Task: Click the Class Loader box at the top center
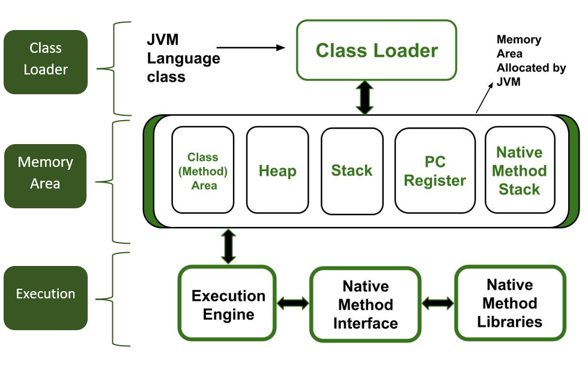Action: point(377,50)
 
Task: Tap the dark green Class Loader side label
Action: point(46,59)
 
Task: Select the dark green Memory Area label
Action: point(46,173)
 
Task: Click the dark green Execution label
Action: point(46,294)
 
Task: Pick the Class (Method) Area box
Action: point(203,170)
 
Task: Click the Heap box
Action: point(277,170)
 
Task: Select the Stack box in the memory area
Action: point(352,170)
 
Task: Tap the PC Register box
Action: point(434,170)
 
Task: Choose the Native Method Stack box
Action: point(520,170)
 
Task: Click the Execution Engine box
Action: point(228,305)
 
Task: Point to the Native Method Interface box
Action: point(365,305)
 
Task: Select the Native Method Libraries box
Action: point(510,303)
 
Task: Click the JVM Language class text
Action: point(183,59)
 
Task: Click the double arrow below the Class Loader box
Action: point(364,97)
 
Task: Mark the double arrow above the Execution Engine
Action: point(228,245)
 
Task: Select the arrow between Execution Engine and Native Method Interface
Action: point(292,303)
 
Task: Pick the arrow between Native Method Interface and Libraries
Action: point(438,303)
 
